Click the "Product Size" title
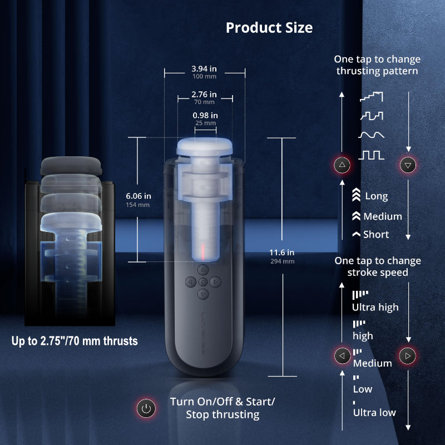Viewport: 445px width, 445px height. [x=269, y=28]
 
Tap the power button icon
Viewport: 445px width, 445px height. [x=146, y=409]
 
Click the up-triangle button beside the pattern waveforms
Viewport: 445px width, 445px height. [x=342, y=165]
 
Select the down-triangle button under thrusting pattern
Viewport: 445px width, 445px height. [x=408, y=165]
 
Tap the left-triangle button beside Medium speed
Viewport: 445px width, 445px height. [x=342, y=355]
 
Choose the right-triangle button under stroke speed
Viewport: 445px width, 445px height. [x=408, y=355]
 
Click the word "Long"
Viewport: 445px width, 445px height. [x=377, y=196]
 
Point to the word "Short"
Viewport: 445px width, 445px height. [x=375, y=234]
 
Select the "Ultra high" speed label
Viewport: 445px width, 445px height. [x=375, y=306]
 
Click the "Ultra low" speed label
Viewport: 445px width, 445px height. [x=374, y=412]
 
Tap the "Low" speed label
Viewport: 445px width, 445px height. [x=362, y=389]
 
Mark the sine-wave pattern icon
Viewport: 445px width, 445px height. [x=371, y=135]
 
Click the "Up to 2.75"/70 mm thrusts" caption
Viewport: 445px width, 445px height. [x=75, y=340]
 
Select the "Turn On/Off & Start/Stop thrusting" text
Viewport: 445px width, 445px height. [x=222, y=408]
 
